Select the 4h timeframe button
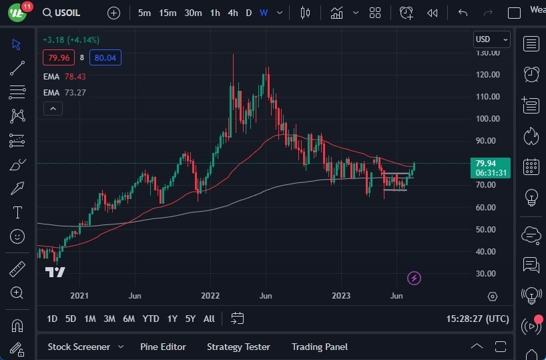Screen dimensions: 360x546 (x=232, y=13)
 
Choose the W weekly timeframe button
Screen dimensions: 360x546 (x=264, y=13)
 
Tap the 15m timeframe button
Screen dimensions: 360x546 (x=168, y=13)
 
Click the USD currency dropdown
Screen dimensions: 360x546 (x=491, y=39)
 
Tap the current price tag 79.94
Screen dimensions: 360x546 (x=491, y=163)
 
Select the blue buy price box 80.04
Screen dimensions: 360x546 (x=105, y=57)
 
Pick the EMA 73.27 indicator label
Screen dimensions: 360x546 (x=64, y=92)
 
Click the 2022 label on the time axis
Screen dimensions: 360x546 (x=210, y=295)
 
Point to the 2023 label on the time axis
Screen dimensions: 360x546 (x=341, y=295)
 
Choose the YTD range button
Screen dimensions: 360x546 (x=151, y=319)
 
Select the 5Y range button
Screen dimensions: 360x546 (x=190, y=319)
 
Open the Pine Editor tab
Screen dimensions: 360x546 (x=163, y=347)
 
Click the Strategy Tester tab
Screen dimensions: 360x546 (x=238, y=347)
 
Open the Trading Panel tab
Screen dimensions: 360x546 (x=320, y=347)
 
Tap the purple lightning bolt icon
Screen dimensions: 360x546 (x=414, y=278)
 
